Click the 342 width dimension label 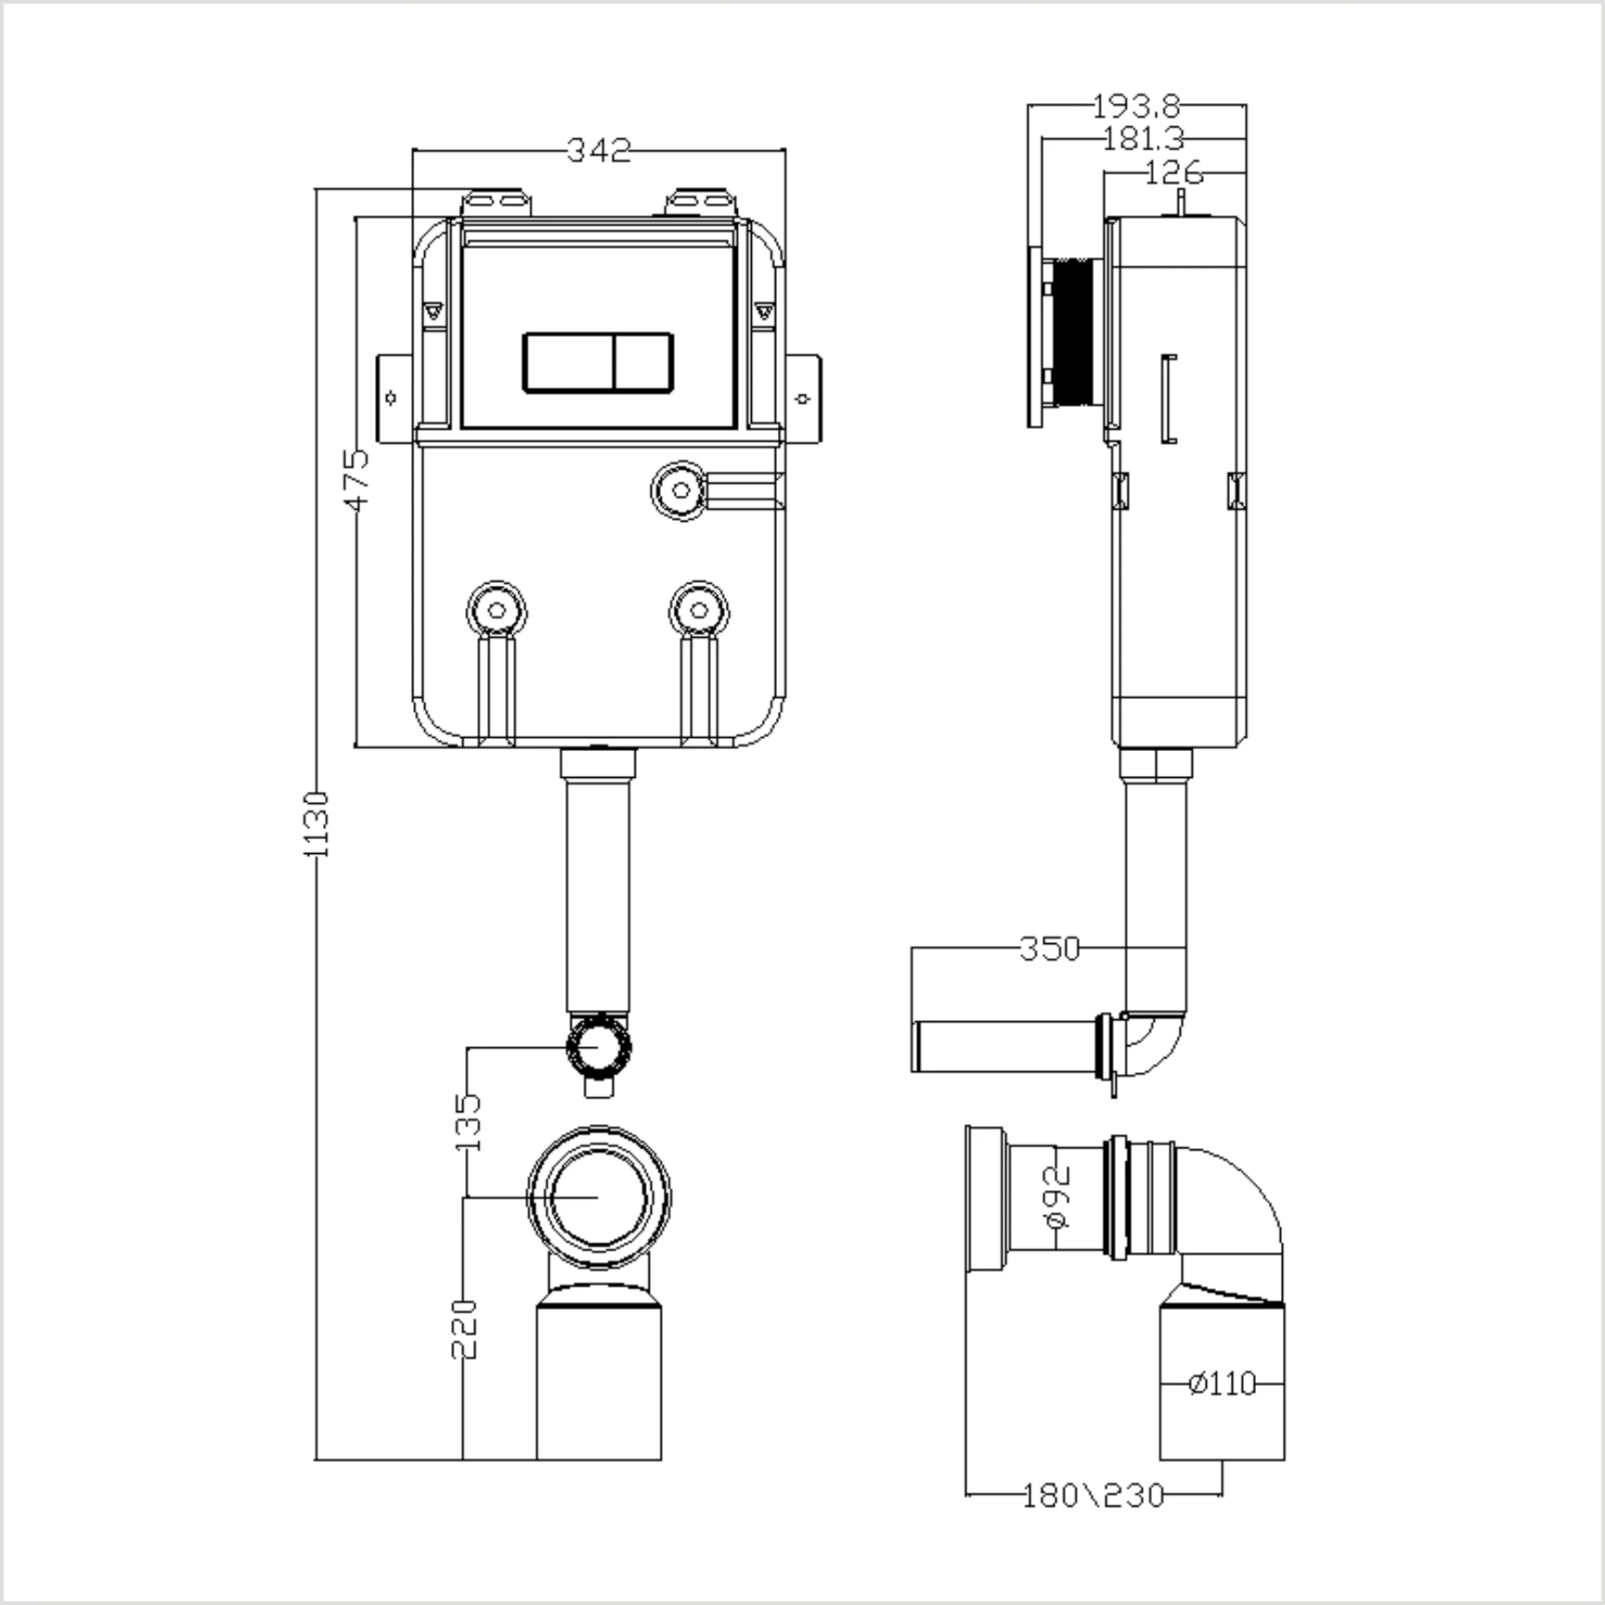[599, 150]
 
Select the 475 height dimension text [357, 479]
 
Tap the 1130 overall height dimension [317, 823]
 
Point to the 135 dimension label [469, 1121]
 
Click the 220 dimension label [464, 1329]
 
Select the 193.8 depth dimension [1135, 106]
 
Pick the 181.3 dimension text [1144, 139]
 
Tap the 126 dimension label [1173, 173]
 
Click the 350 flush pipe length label [1050, 949]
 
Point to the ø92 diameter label [1057, 1197]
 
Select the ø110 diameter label [1222, 1384]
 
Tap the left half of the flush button [568, 362]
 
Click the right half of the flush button [642, 362]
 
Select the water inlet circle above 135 [600, 1046]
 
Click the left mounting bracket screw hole [392, 397]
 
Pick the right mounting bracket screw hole [804, 398]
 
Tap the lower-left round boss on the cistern [497, 610]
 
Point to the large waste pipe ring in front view [599, 1197]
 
